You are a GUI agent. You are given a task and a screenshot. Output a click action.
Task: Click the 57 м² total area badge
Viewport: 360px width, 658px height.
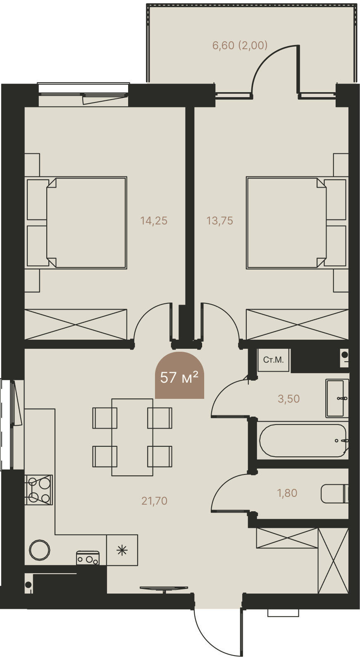(x=179, y=375)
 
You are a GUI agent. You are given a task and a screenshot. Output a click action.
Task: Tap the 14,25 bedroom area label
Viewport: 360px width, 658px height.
(x=154, y=221)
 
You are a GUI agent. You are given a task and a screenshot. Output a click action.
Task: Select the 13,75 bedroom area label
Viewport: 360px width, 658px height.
(x=219, y=221)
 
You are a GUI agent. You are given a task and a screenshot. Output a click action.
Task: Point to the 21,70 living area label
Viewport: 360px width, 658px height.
(x=155, y=501)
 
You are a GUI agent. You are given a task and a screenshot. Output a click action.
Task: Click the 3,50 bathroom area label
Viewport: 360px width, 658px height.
(x=288, y=398)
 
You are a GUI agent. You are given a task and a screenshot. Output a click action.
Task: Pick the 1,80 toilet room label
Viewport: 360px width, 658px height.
(x=287, y=493)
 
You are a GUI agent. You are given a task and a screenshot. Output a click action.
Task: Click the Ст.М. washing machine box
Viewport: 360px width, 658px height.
(x=273, y=360)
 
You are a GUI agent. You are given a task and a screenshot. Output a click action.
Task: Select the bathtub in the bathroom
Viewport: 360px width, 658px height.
(x=303, y=440)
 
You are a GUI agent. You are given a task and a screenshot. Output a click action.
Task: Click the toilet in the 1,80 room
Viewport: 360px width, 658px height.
(x=335, y=493)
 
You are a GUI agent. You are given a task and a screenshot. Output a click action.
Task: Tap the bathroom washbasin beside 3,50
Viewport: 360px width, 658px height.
(x=337, y=398)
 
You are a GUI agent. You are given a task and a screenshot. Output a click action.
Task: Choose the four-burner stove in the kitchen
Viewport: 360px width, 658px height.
(x=39, y=490)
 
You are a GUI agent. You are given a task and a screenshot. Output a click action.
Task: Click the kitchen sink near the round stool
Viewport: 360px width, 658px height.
(x=88, y=558)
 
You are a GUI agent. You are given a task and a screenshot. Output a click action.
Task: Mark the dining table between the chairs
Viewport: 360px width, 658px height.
(x=132, y=437)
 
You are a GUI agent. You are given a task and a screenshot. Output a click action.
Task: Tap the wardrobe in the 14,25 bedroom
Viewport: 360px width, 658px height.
(x=76, y=324)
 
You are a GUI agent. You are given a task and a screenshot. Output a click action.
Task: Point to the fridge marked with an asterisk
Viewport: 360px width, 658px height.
(x=122, y=550)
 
